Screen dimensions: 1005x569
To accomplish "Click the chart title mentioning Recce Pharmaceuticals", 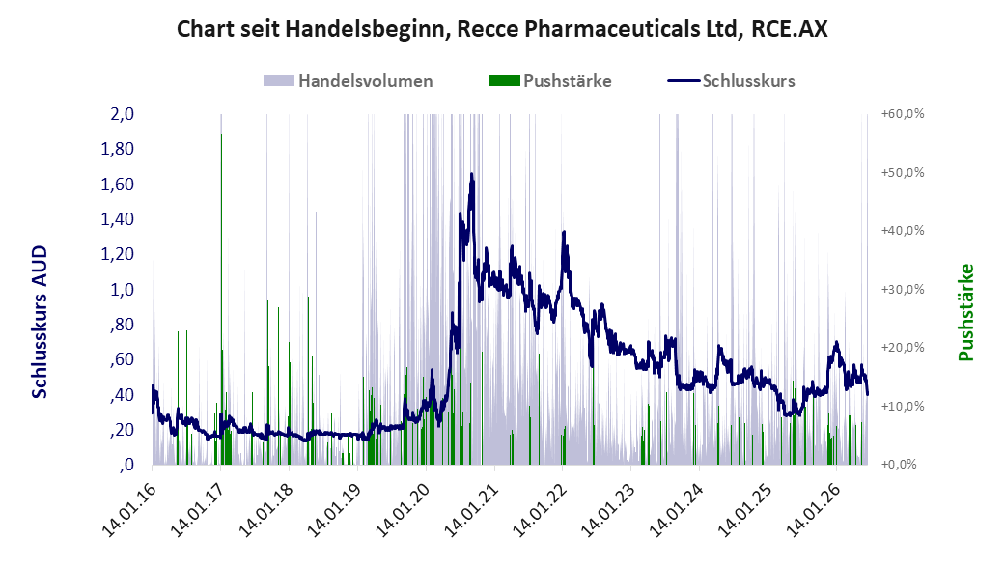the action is [502, 29].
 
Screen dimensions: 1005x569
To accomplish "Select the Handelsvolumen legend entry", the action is [348, 81].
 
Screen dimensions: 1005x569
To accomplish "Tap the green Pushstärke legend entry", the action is [550, 81].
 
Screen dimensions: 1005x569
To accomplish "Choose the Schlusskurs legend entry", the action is [732, 81].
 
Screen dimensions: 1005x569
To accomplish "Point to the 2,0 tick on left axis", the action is [123, 114].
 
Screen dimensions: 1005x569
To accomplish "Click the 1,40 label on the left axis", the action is [117, 218].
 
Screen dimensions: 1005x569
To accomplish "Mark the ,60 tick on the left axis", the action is [122, 359].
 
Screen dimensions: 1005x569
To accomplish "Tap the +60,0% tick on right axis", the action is [903, 114].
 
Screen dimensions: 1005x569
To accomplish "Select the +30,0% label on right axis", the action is [903, 289].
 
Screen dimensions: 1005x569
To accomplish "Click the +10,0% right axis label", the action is [903, 406].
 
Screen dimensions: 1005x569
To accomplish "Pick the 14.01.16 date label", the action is [128, 509].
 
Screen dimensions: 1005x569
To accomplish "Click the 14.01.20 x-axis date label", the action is [402, 509].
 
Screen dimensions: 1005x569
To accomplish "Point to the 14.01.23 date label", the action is [607, 509].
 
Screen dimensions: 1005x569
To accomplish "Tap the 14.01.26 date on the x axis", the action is [812, 509].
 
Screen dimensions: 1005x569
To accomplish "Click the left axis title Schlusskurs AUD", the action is [40, 322].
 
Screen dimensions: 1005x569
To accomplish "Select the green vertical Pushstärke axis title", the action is [966, 312].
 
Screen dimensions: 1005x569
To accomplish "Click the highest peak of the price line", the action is [472, 174].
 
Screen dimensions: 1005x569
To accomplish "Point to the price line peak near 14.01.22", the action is [564, 232].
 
